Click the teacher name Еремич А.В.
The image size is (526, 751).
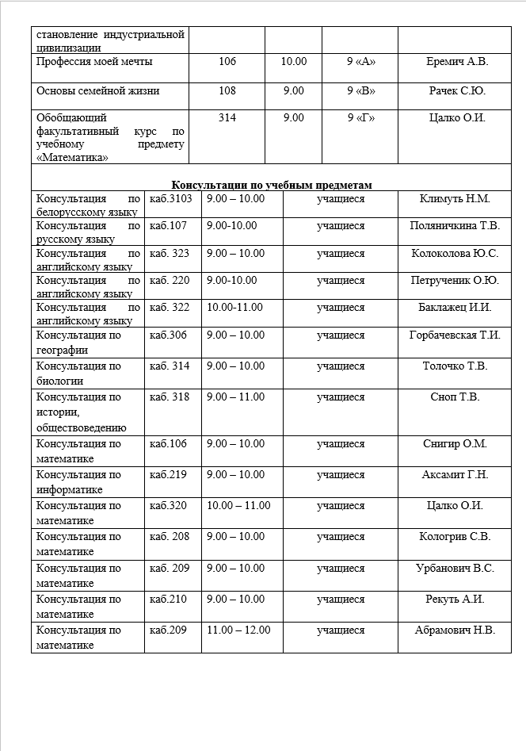tap(454, 61)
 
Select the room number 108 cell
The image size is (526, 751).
tap(227, 91)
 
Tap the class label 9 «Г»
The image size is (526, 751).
tap(360, 118)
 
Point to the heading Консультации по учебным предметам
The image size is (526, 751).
tap(272, 184)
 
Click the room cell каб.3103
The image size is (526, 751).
tap(171, 198)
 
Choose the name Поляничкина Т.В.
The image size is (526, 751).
tap(455, 226)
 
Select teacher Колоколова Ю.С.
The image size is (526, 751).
tap(455, 254)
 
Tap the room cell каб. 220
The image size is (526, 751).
tap(170, 280)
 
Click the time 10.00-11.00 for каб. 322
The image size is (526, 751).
tap(234, 307)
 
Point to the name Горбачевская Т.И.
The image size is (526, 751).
tap(455, 335)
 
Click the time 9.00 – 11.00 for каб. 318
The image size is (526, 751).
tap(235, 397)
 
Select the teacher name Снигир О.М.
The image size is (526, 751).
tap(455, 444)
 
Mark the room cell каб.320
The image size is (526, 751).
tap(168, 506)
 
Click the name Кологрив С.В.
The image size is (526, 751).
tap(455, 537)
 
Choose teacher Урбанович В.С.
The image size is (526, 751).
tap(455, 569)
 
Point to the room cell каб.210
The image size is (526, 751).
tap(168, 599)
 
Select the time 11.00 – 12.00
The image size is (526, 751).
tap(238, 630)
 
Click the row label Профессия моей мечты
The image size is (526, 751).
tap(95, 61)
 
